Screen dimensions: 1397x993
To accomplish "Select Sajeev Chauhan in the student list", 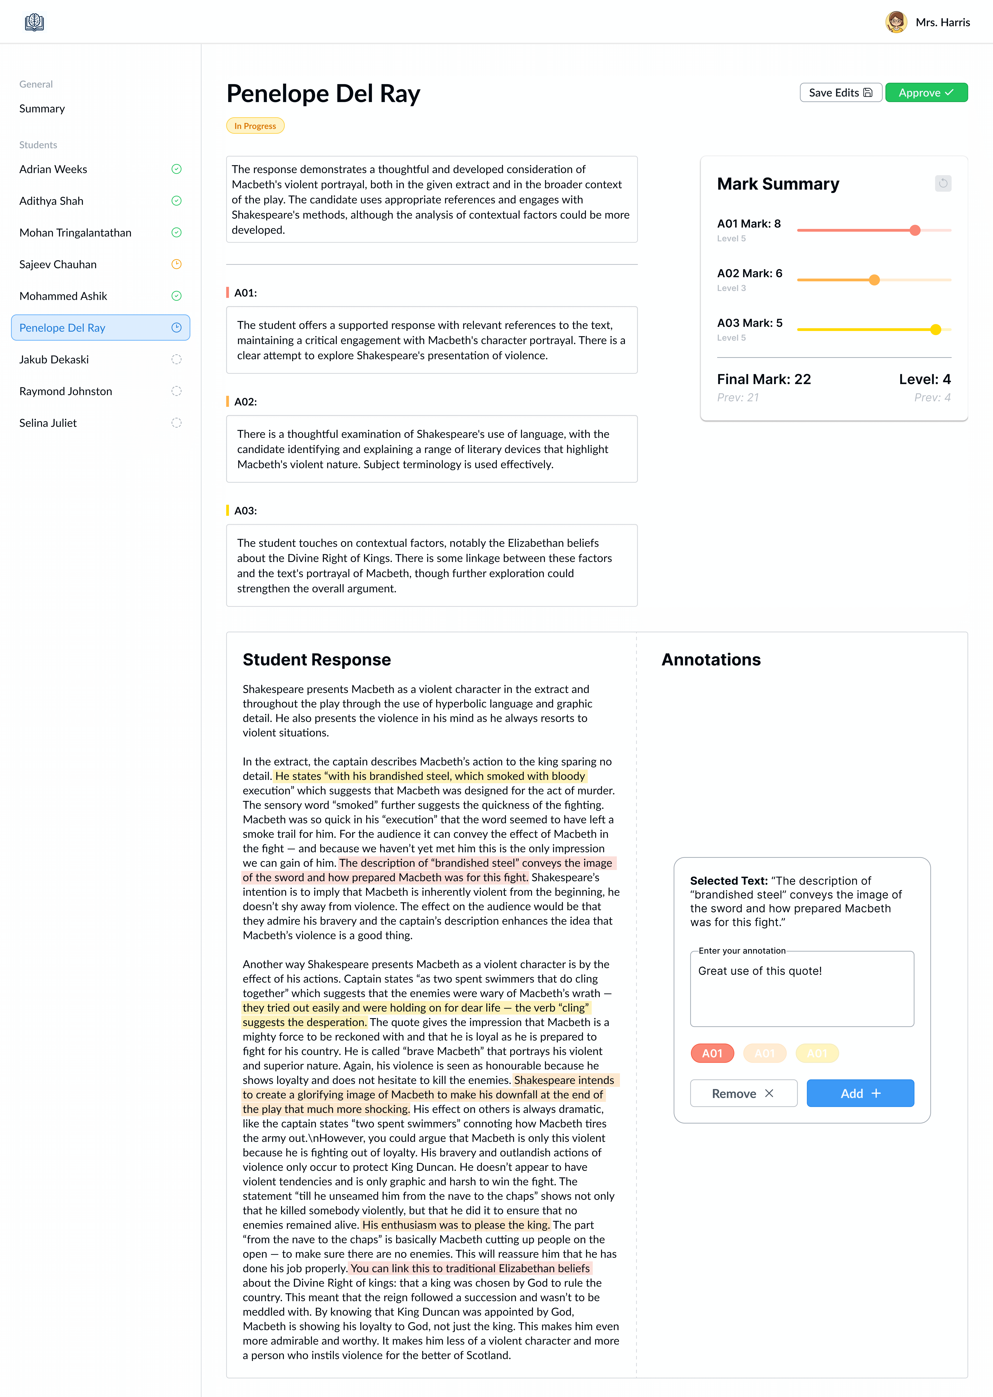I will point(58,264).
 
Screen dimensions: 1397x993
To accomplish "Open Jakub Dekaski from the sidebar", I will point(54,359).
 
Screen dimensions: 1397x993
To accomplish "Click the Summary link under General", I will point(42,108).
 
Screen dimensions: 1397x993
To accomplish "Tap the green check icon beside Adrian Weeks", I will point(176,169).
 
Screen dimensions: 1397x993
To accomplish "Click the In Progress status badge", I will point(255,126).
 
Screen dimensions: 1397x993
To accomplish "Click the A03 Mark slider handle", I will point(936,330).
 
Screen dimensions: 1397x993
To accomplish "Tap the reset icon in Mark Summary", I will point(943,183).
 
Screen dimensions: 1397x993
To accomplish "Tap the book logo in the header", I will point(34,22).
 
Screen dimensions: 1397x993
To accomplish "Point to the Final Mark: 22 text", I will point(764,379).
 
